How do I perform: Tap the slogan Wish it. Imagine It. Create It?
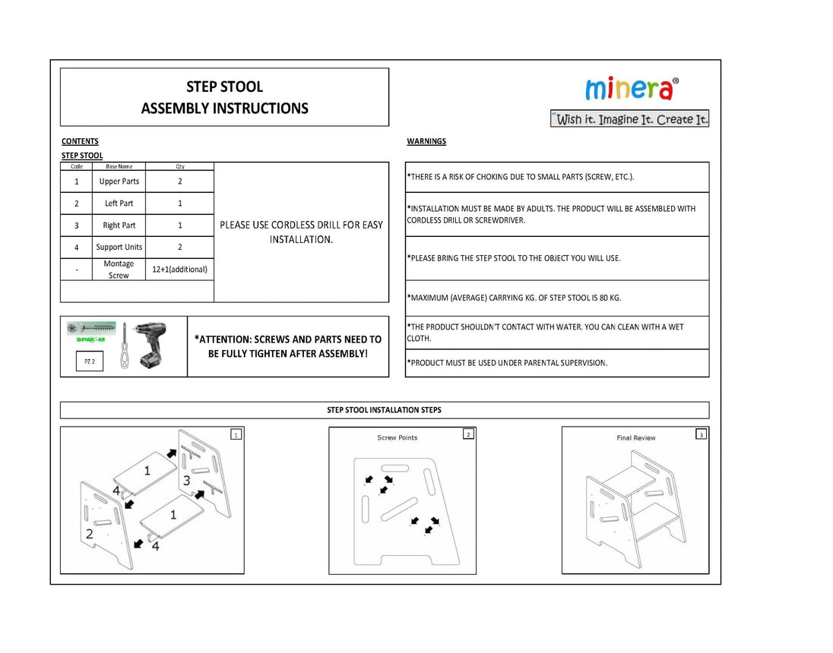pos(630,119)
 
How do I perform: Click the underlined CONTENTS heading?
pos(80,141)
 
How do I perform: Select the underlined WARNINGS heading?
pos(426,141)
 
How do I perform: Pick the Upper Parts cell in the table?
pos(119,181)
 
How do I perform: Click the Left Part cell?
pos(119,203)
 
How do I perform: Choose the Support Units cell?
pos(119,247)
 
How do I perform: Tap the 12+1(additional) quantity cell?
pos(179,269)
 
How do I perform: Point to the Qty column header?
pos(179,166)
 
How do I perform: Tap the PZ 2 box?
pos(90,361)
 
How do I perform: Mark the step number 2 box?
pos(468,434)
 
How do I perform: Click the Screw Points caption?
pos(397,438)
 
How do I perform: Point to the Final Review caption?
pos(635,438)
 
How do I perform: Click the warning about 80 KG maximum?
pos(514,298)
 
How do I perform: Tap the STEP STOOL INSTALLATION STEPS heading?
pos(384,410)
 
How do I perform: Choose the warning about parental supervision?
pos(507,363)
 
